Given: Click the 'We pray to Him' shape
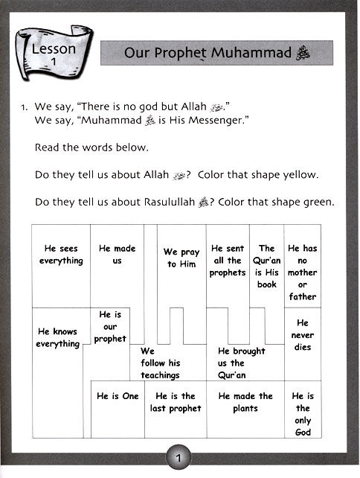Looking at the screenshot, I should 181,258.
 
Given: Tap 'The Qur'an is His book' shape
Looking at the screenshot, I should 266,266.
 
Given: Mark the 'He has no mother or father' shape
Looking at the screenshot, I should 302,272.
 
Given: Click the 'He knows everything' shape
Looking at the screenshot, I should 57,338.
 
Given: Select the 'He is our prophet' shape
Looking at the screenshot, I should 110,327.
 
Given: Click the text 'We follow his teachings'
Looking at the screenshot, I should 160,363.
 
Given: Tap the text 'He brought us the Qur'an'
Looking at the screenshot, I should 241,363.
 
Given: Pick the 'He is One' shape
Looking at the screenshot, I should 118,396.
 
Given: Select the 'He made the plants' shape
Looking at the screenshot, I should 245,402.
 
